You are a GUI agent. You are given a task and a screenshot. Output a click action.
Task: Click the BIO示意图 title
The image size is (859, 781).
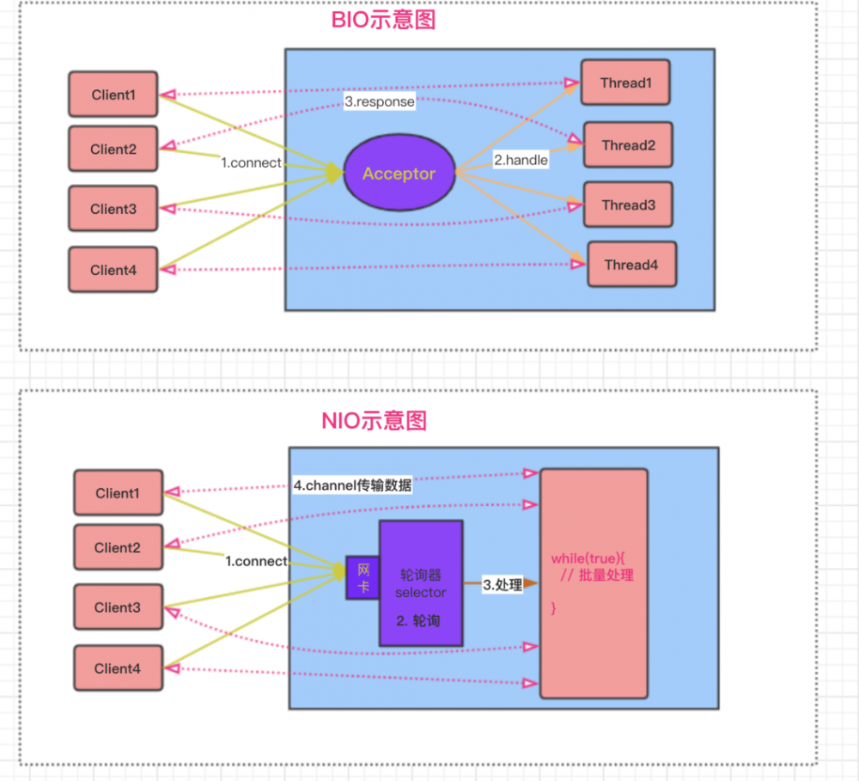(383, 19)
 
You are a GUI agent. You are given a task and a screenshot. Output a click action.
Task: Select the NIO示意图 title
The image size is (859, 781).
(374, 420)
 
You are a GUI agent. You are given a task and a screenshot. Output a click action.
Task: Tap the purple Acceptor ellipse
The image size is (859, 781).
(399, 174)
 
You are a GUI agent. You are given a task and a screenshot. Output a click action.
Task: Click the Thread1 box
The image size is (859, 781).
(624, 82)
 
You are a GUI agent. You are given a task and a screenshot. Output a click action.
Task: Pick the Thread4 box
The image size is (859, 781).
(631, 265)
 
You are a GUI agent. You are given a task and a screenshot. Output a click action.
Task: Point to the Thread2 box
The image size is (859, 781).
(628, 145)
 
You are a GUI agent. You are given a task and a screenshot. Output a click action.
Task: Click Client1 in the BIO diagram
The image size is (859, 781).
(113, 95)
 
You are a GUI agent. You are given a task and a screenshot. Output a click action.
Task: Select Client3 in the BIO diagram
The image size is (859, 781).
(113, 209)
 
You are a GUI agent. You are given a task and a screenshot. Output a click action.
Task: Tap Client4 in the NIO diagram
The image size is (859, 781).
(118, 668)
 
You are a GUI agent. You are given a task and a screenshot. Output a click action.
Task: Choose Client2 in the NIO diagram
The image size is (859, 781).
(118, 547)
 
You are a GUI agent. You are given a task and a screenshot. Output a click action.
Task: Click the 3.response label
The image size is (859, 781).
(380, 101)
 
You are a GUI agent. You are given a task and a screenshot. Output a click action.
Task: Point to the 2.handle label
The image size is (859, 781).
(520, 160)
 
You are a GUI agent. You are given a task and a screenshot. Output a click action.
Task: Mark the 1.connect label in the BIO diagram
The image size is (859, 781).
(250, 162)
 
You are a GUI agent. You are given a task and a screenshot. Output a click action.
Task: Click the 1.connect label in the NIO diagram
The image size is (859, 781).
(256, 561)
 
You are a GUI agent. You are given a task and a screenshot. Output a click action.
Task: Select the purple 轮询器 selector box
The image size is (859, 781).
(421, 583)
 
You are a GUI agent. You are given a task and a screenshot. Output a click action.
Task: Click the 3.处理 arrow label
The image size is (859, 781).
(502, 584)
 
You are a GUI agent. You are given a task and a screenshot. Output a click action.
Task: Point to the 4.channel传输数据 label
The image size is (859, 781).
(352, 485)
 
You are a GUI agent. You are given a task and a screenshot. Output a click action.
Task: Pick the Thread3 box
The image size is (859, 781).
(628, 204)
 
